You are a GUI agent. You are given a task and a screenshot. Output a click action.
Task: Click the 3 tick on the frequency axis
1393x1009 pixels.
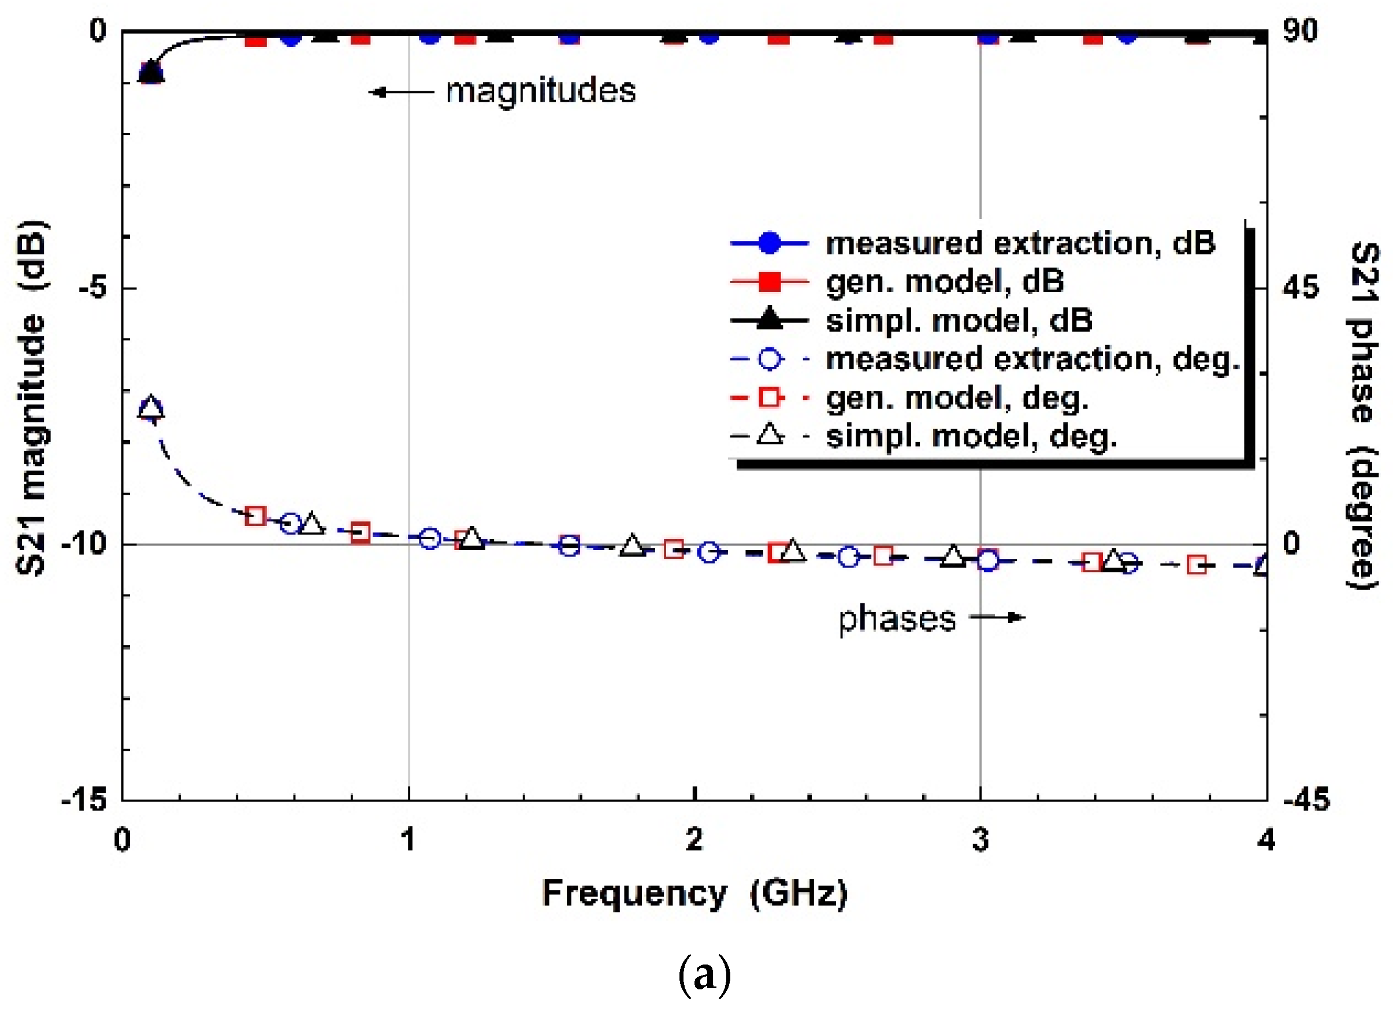[x=980, y=840]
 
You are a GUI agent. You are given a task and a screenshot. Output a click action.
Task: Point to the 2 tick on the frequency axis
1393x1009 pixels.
[x=694, y=840]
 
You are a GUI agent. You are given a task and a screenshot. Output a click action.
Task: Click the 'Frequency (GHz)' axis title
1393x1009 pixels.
[x=694, y=893]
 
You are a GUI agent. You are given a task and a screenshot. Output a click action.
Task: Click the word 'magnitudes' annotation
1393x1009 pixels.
[x=540, y=91]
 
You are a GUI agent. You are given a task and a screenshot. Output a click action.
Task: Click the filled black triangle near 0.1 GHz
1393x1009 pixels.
[x=151, y=72]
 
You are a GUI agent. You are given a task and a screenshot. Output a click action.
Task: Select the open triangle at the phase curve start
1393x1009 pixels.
[x=151, y=409]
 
